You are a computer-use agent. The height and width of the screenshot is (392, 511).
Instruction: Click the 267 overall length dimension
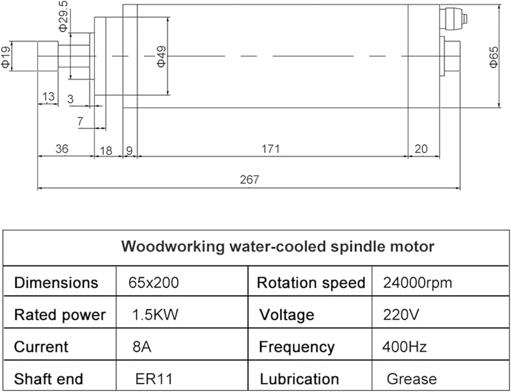[x=249, y=179]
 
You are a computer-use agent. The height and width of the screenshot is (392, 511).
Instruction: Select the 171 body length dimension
[x=271, y=149]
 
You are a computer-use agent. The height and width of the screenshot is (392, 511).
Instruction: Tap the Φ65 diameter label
[x=494, y=57]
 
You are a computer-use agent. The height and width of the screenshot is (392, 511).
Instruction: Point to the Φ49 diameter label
[x=161, y=56]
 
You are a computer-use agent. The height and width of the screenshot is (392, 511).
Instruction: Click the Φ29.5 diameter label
[x=63, y=16]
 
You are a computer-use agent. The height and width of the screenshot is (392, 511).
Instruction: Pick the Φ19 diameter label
[x=6, y=57]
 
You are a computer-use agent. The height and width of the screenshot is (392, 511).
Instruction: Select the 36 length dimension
[x=62, y=149]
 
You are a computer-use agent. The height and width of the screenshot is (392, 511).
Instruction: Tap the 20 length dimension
[x=421, y=149]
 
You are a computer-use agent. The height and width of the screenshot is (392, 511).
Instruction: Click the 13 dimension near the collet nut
[x=48, y=97]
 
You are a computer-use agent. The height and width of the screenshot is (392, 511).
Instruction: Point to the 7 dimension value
[x=80, y=122]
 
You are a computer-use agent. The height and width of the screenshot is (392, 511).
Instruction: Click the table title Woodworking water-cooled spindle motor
[x=277, y=247]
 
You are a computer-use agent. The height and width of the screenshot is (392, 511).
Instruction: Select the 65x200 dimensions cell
[x=153, y=283]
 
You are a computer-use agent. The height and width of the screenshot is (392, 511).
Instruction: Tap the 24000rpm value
[x=417, y=283]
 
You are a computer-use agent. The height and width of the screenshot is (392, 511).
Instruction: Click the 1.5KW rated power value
[x=155, y=315]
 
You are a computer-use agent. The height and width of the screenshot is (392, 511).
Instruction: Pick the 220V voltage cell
[x=401, y=315]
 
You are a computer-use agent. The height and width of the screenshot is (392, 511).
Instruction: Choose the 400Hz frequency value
[x=404, y=347]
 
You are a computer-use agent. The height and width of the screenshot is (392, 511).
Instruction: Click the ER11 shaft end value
[x=153, y=379]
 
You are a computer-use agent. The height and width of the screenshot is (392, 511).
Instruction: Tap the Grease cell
[x=411, y=379]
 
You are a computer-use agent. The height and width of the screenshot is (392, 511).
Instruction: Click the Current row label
[x=41, y=347]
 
